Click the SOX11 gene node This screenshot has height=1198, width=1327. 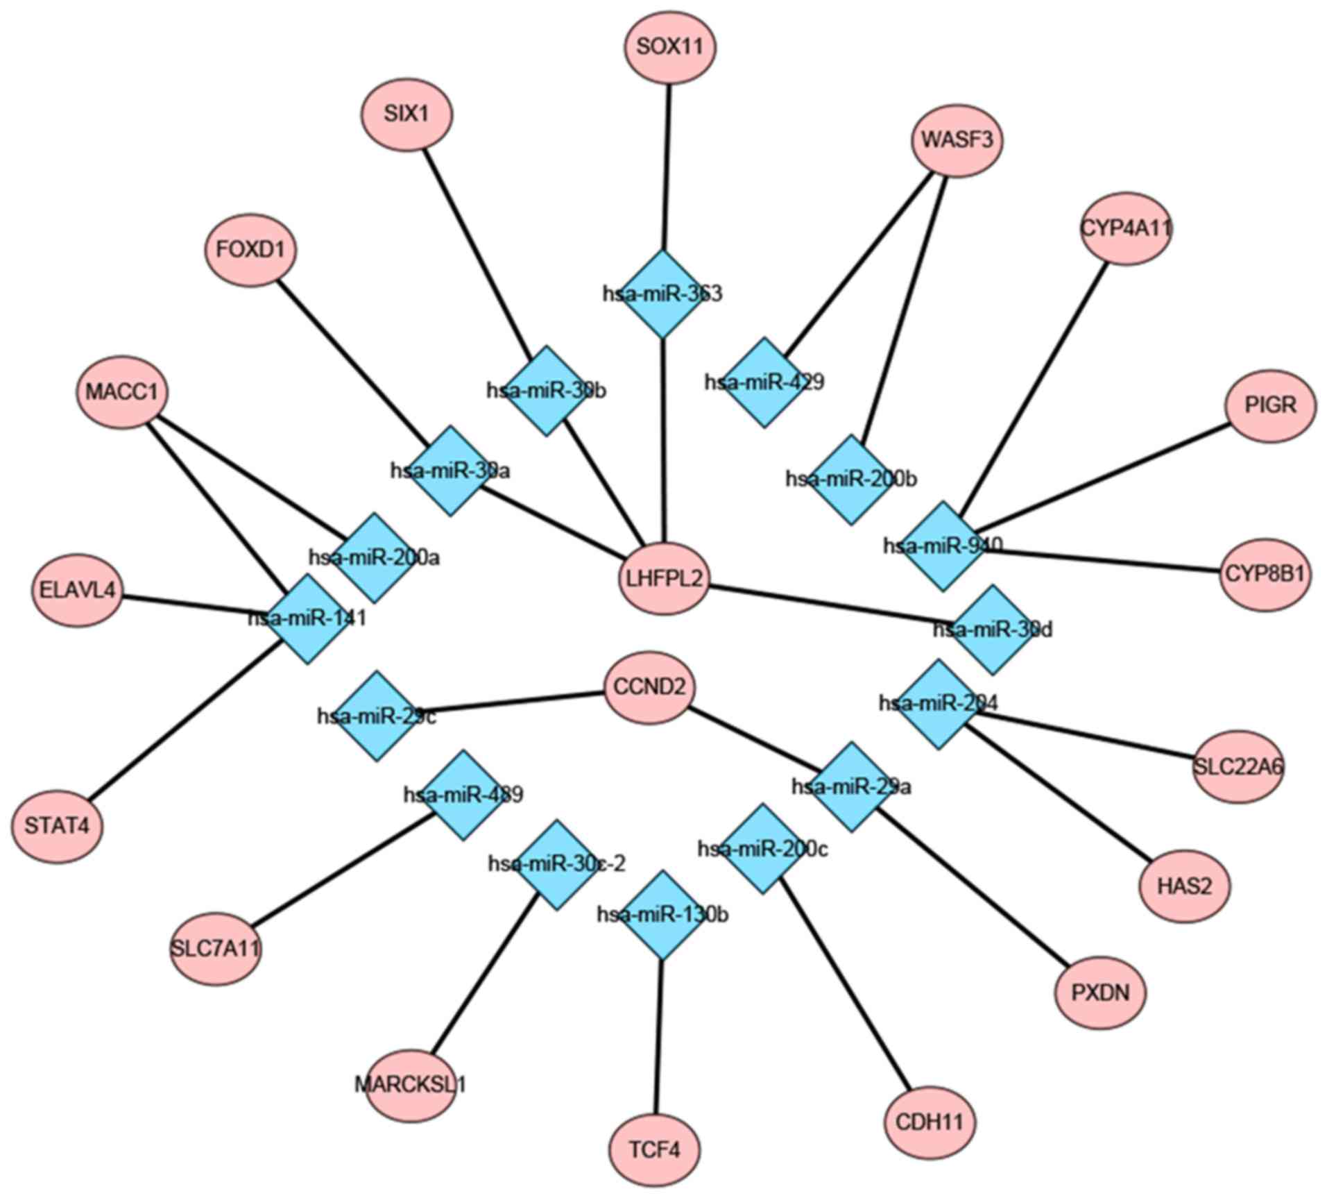[669, 48]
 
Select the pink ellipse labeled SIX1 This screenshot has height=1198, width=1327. [406, 114]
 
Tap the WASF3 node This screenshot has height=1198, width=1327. [957, 140]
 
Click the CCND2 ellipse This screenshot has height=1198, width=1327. [649, 687]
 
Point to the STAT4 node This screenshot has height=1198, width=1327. [56, 826]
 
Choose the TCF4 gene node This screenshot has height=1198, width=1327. [654, 1150]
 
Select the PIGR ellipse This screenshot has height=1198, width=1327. [1270, 405]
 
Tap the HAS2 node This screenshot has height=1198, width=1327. [1184, 886]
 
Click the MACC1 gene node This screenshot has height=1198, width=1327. [121, 392]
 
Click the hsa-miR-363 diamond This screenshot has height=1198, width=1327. [662, 294]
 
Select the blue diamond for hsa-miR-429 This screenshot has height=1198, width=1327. [764, 382]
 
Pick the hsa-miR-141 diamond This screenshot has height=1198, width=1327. [307, 618]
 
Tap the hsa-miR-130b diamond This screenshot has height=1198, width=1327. [662, 915]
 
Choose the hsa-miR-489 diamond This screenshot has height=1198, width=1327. [463, 795]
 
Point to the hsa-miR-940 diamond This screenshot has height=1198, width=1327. [943, 546]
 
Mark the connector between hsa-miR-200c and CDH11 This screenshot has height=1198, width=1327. [842, 986]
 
